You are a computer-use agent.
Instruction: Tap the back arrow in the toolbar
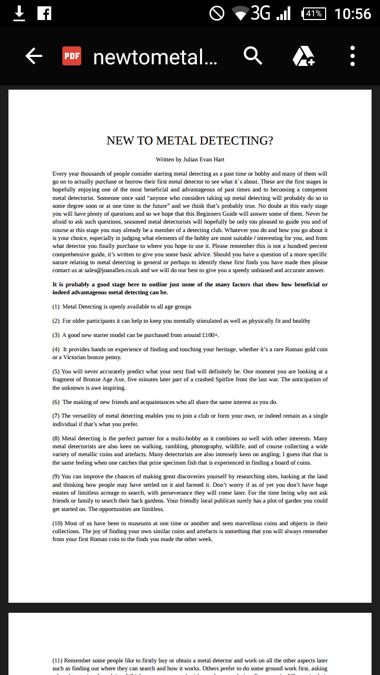coord(34,56)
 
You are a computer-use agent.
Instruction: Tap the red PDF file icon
coord(72,56)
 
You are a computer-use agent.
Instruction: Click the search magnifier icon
coord(253,55)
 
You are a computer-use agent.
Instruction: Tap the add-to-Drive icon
coord(303,56)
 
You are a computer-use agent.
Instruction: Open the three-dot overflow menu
coord(352,56)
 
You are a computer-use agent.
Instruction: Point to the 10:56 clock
coord(353,13)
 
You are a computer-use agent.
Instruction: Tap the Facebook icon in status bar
coord(44,13)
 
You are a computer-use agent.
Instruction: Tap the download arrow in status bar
coord(19,13)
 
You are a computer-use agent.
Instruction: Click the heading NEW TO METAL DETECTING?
coord(190,141)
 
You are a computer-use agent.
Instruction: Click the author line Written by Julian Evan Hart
coord(190,159)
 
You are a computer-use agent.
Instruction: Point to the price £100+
coord(210,335)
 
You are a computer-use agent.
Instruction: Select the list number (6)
coord(56,402)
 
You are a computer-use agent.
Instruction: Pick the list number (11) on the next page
coord(58,660)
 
